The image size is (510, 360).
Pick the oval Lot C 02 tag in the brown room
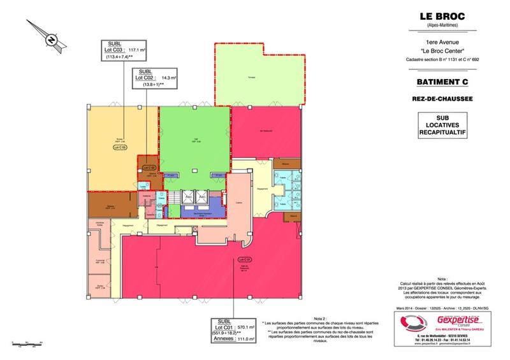tap(145, 168)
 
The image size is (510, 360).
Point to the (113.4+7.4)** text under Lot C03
tap(124, 57)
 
